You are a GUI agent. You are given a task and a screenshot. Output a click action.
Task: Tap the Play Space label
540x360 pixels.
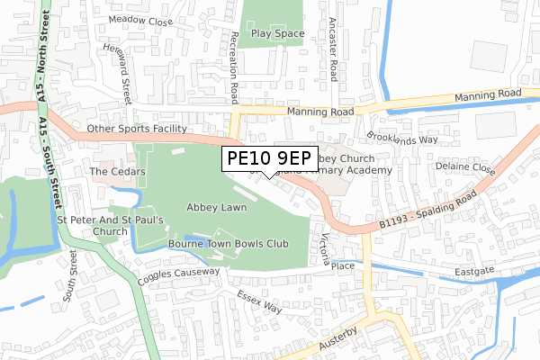277,34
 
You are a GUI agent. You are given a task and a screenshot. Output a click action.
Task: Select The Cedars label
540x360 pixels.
111,171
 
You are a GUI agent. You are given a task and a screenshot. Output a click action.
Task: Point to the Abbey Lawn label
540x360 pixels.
216,207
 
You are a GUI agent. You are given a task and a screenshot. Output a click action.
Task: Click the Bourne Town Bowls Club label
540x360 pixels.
228,243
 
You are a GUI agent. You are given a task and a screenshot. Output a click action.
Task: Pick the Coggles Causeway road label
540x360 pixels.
178,276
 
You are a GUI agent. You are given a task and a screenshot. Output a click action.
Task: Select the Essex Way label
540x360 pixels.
259,301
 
